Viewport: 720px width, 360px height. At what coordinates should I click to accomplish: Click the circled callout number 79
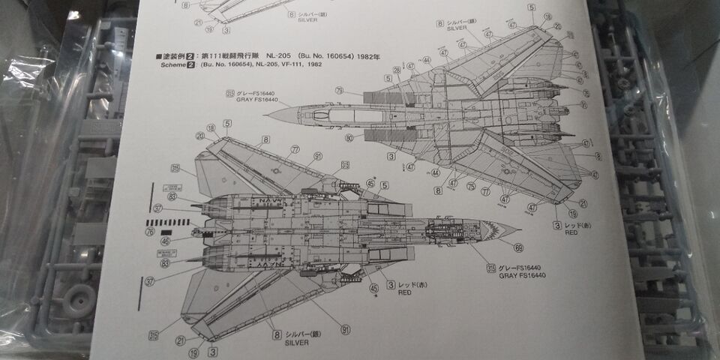(339, 90)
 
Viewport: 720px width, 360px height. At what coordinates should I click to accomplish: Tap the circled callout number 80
(349, 138)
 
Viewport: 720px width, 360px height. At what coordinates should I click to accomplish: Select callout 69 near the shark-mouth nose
(518, 247)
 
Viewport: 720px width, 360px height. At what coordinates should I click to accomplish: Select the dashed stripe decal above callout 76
(163, 223)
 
